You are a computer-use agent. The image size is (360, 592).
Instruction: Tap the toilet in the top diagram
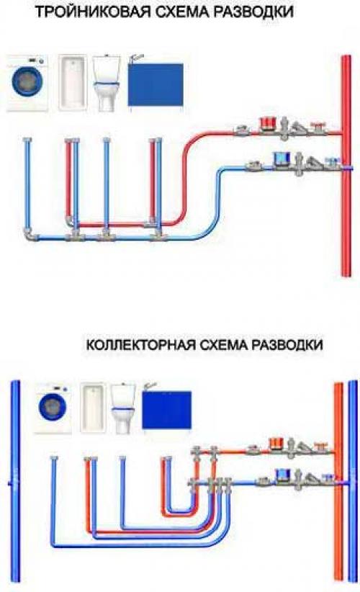click(106, 84)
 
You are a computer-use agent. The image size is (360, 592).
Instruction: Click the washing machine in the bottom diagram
click(53, 411)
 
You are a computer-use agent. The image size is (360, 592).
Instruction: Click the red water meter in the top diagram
click(271, 125)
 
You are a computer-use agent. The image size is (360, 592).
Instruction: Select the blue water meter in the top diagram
click(279, 158)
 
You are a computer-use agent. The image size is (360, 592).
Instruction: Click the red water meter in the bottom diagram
click(275, 444)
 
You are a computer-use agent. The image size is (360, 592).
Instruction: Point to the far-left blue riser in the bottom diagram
click(13, 483)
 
